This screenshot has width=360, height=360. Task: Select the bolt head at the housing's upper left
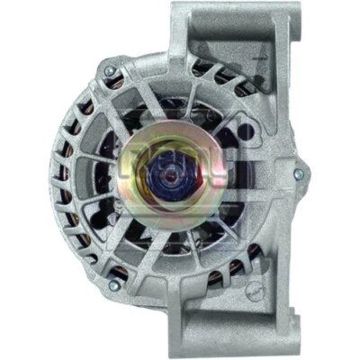coord(110,70)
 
